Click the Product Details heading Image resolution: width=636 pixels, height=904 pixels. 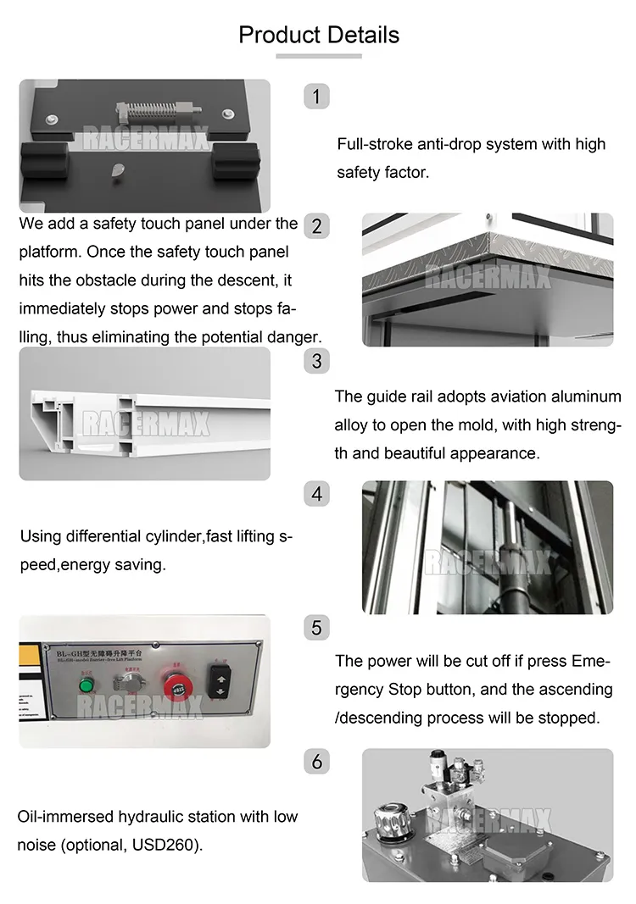click(318, 35)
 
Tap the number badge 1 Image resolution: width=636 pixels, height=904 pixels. click(316, 97)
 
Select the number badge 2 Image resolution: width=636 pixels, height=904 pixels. click(316, 226)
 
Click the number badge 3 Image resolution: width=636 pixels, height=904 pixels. click(316, 360)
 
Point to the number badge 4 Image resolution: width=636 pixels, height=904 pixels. click(316, 493)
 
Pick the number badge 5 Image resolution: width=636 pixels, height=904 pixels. click(316, 627)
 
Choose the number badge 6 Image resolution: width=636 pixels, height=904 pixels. click(316, 761)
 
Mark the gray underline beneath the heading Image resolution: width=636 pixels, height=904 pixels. click(319, 56)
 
